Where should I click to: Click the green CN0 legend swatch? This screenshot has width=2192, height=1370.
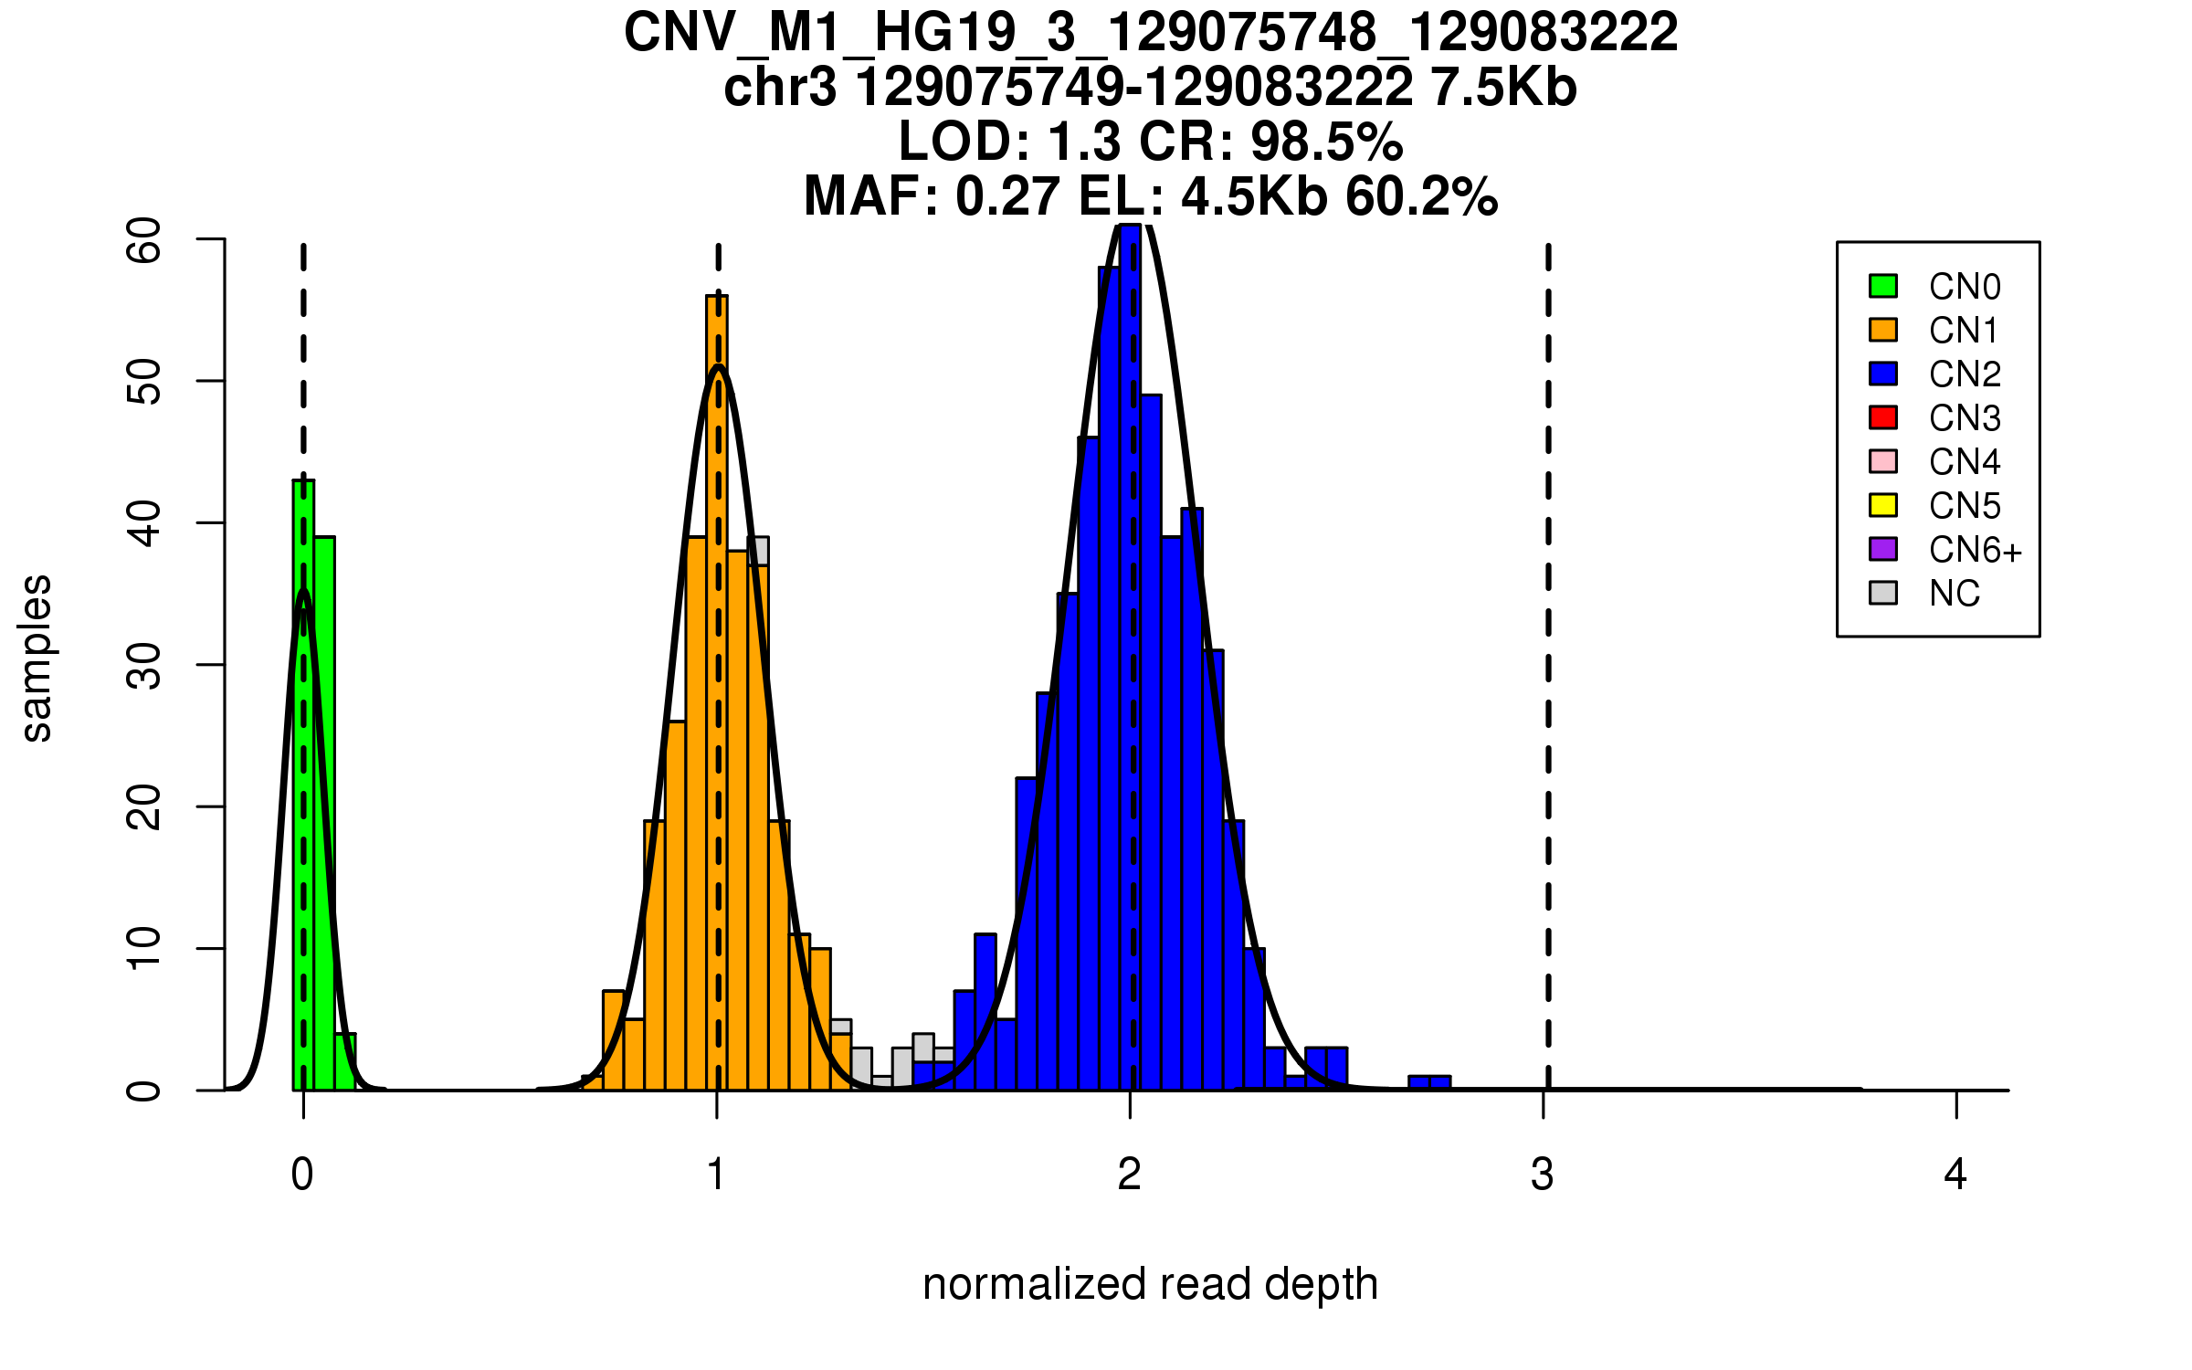(x=1883, y=286)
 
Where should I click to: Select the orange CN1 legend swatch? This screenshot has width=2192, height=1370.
(x=1883, y=330)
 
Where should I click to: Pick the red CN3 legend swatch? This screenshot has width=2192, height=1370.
(x=1883, y=417)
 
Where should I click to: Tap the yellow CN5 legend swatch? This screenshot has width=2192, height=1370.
(x=1883, y=505)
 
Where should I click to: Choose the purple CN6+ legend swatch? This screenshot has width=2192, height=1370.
(x=1883, y=549)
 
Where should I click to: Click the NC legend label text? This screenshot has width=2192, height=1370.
(x=1954, y=594)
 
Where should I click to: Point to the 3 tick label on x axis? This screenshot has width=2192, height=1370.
(x=1543, y=1175)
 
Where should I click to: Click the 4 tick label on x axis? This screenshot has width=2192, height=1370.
(x=1955, y=1175)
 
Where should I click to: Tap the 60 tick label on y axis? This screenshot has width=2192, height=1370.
(x=144, y=240)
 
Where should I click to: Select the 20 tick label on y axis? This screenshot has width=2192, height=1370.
(x=144, y=807)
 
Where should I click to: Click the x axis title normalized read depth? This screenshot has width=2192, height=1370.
(x=1150, y=1284)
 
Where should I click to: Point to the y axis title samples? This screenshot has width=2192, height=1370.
(x=37, y=658)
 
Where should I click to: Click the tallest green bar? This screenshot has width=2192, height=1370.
(x=303, y=785)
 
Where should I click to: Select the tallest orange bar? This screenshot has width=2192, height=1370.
(x=717, y=694)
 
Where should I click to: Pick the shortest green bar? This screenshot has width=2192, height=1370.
(x=345, y=1062)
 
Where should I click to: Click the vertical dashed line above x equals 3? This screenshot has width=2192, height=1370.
(x=1548, y=639)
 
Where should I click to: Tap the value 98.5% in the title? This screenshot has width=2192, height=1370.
(x=1326, y=142)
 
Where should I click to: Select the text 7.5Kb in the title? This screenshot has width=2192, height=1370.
(x=1503, y=88)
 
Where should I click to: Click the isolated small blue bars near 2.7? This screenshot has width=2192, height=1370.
(x=1429, y=1083)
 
